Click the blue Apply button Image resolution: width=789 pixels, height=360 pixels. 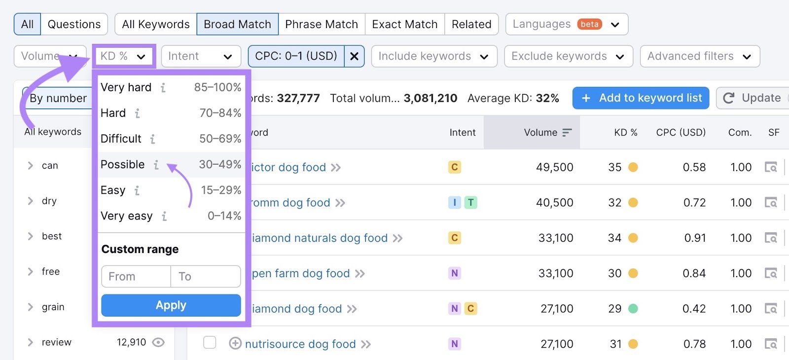coord(171,305)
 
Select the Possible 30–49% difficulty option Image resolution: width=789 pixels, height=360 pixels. coord(171,164)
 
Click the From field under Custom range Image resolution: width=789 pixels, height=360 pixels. coord(136,277)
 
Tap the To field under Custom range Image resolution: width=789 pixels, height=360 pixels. coord(205,277)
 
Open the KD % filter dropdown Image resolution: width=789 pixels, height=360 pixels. coord(123,56)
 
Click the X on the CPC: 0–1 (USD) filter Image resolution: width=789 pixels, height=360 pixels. coord(354,56)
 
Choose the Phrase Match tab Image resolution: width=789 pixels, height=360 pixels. coord(322,24)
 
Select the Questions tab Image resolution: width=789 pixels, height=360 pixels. coord(74,24)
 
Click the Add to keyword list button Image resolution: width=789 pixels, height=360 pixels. coord(641,98)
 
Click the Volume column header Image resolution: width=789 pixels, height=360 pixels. coord(540,133)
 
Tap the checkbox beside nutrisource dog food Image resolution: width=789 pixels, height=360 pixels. coord(210,343)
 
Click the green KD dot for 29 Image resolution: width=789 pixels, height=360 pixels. coord(633,309)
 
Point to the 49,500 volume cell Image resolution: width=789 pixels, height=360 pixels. coord(554,167)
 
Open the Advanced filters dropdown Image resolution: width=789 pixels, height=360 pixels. coord(699,56)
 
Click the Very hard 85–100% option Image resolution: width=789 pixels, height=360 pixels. coord(171,87)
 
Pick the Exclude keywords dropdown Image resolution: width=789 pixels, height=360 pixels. coord(568,56)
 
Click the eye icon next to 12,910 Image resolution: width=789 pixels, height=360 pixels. coord(158,342)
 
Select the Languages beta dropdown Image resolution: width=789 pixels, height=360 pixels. coord(566,24)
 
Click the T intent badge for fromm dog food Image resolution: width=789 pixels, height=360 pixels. coord(471,202)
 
